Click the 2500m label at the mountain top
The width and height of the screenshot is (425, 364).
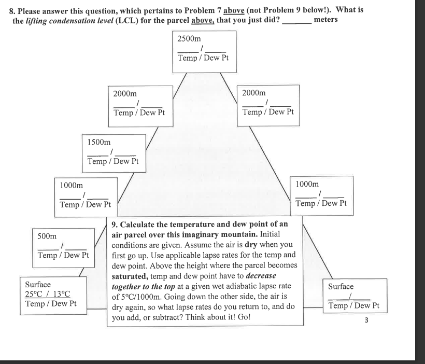tap(189, 39)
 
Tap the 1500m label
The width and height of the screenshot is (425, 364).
tap(98, 142)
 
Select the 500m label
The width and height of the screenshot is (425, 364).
tap(47, 236)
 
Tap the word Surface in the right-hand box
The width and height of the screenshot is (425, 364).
tap(341, 286)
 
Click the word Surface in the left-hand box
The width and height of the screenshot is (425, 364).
tap(38, 284)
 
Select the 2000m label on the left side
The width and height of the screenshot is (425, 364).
tap(125, 94)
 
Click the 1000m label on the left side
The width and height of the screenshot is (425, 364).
tap(72, 185)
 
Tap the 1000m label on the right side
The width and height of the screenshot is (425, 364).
tap(307, 184)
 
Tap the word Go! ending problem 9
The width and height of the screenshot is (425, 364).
tap(240, 316)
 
